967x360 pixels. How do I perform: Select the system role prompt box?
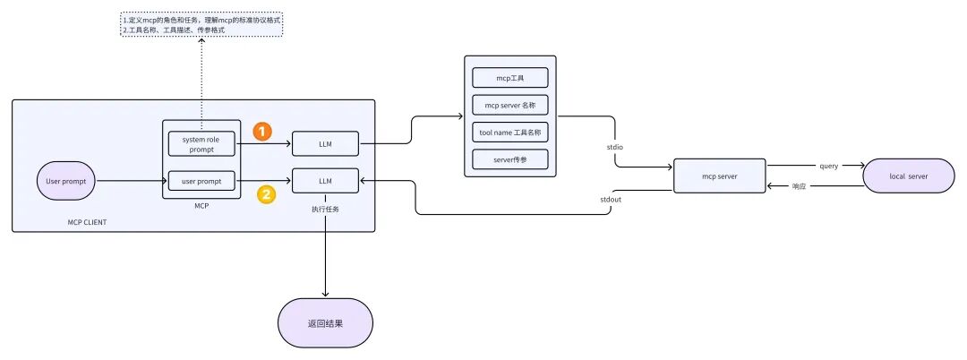coord(201,143)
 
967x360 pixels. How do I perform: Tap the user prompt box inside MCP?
coord(201,182)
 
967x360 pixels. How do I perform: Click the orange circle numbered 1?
coord(261,132)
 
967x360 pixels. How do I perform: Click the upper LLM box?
coord(324,143)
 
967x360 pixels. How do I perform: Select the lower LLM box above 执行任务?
coord(324,181)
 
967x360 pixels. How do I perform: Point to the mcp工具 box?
coord(509,77)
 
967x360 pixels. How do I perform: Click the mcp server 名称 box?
coord(509,105)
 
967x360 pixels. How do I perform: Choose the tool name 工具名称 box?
coord(509,133)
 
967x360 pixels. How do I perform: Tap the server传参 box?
coord(509,160)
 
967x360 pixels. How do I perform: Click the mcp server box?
coord(720,176)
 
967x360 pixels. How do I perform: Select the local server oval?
coord(909,176)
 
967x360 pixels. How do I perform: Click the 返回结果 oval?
coord(324,322)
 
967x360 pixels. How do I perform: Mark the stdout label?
coord(612,202)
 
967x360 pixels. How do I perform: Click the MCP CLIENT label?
coord(87,221)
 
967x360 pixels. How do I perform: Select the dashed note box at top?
coord(201,24)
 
